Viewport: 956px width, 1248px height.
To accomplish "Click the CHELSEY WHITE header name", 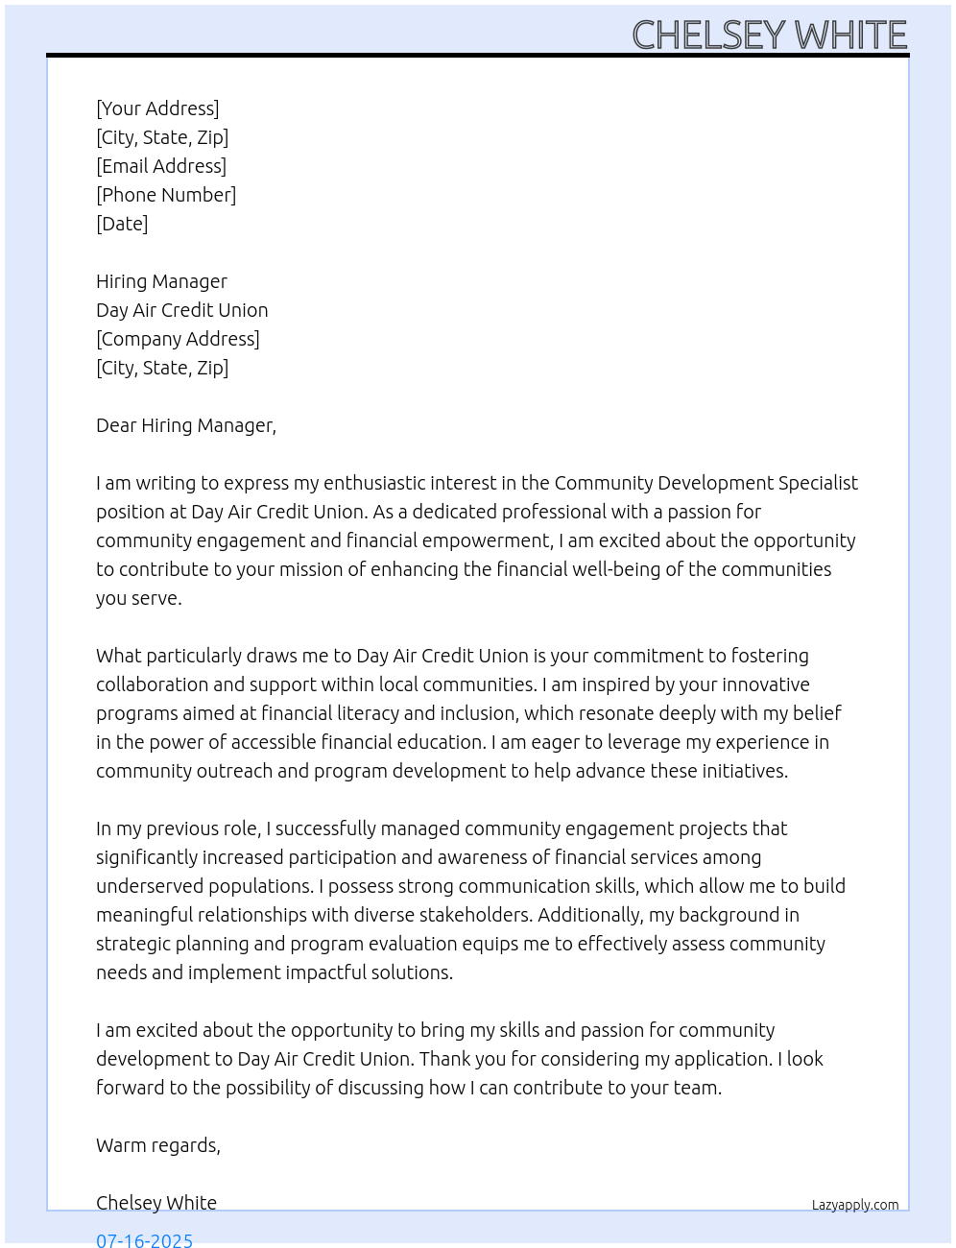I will click(769, 36).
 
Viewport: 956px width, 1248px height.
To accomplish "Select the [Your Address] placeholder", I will click(157, 108).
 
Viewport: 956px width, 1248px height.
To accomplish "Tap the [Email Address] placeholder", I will click(161, 166).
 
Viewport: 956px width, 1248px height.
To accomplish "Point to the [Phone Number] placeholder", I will click(166, 195).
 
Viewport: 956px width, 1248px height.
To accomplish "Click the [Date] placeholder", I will click(122, 224).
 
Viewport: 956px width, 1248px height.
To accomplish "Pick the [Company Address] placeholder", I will click(178, 339).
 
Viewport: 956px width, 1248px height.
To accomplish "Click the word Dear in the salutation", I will click(116, 425).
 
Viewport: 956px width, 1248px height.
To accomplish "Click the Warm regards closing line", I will click(158, 1145).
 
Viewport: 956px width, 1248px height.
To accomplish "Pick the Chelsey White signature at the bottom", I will click(156, 1203).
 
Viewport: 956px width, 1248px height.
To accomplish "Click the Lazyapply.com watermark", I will click(855, 1205).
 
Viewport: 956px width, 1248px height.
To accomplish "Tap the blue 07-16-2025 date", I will click(144, 1239).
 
